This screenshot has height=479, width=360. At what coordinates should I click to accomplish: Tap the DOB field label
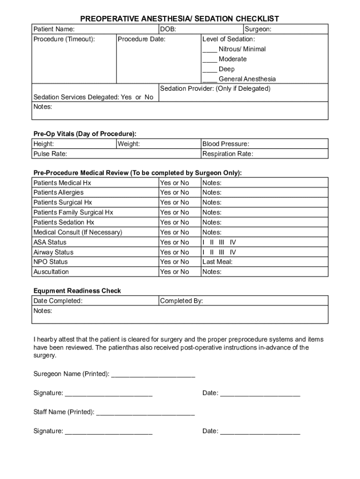click(x=168, y=29)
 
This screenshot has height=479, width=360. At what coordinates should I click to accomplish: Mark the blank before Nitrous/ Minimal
click(x=209, y=50)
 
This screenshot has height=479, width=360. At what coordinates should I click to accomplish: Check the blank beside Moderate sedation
click(x=209, y=59)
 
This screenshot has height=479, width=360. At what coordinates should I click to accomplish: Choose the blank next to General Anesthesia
click(x=209, y=80)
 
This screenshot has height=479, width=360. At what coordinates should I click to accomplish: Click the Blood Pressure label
click(x=225, y=144)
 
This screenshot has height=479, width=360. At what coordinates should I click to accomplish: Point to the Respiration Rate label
click(x=227, y=154)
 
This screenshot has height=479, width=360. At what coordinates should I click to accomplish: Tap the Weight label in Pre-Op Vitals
click(x=129, y=144)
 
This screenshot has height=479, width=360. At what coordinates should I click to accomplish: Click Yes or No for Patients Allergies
click(x=174, y=193)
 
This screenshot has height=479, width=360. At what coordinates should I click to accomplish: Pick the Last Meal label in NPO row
click(x=217, y=262)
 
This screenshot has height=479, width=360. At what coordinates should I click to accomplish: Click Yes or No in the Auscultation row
click(x=174, y=272)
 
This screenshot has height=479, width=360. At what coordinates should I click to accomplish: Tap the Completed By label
click(x=181, y=301)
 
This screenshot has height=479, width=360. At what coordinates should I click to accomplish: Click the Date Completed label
click(x=58, y=301)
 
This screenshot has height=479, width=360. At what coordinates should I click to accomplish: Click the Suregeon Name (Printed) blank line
click(x=153, y=375)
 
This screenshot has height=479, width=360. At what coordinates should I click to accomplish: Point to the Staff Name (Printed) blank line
click(x=145, y=413)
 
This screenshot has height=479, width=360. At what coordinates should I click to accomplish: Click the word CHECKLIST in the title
click(x=257, y=19)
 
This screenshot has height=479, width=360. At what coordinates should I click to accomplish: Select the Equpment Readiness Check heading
click(x=77, y=291)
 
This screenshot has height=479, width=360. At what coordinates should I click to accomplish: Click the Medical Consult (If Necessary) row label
click(x=78, y=232)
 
